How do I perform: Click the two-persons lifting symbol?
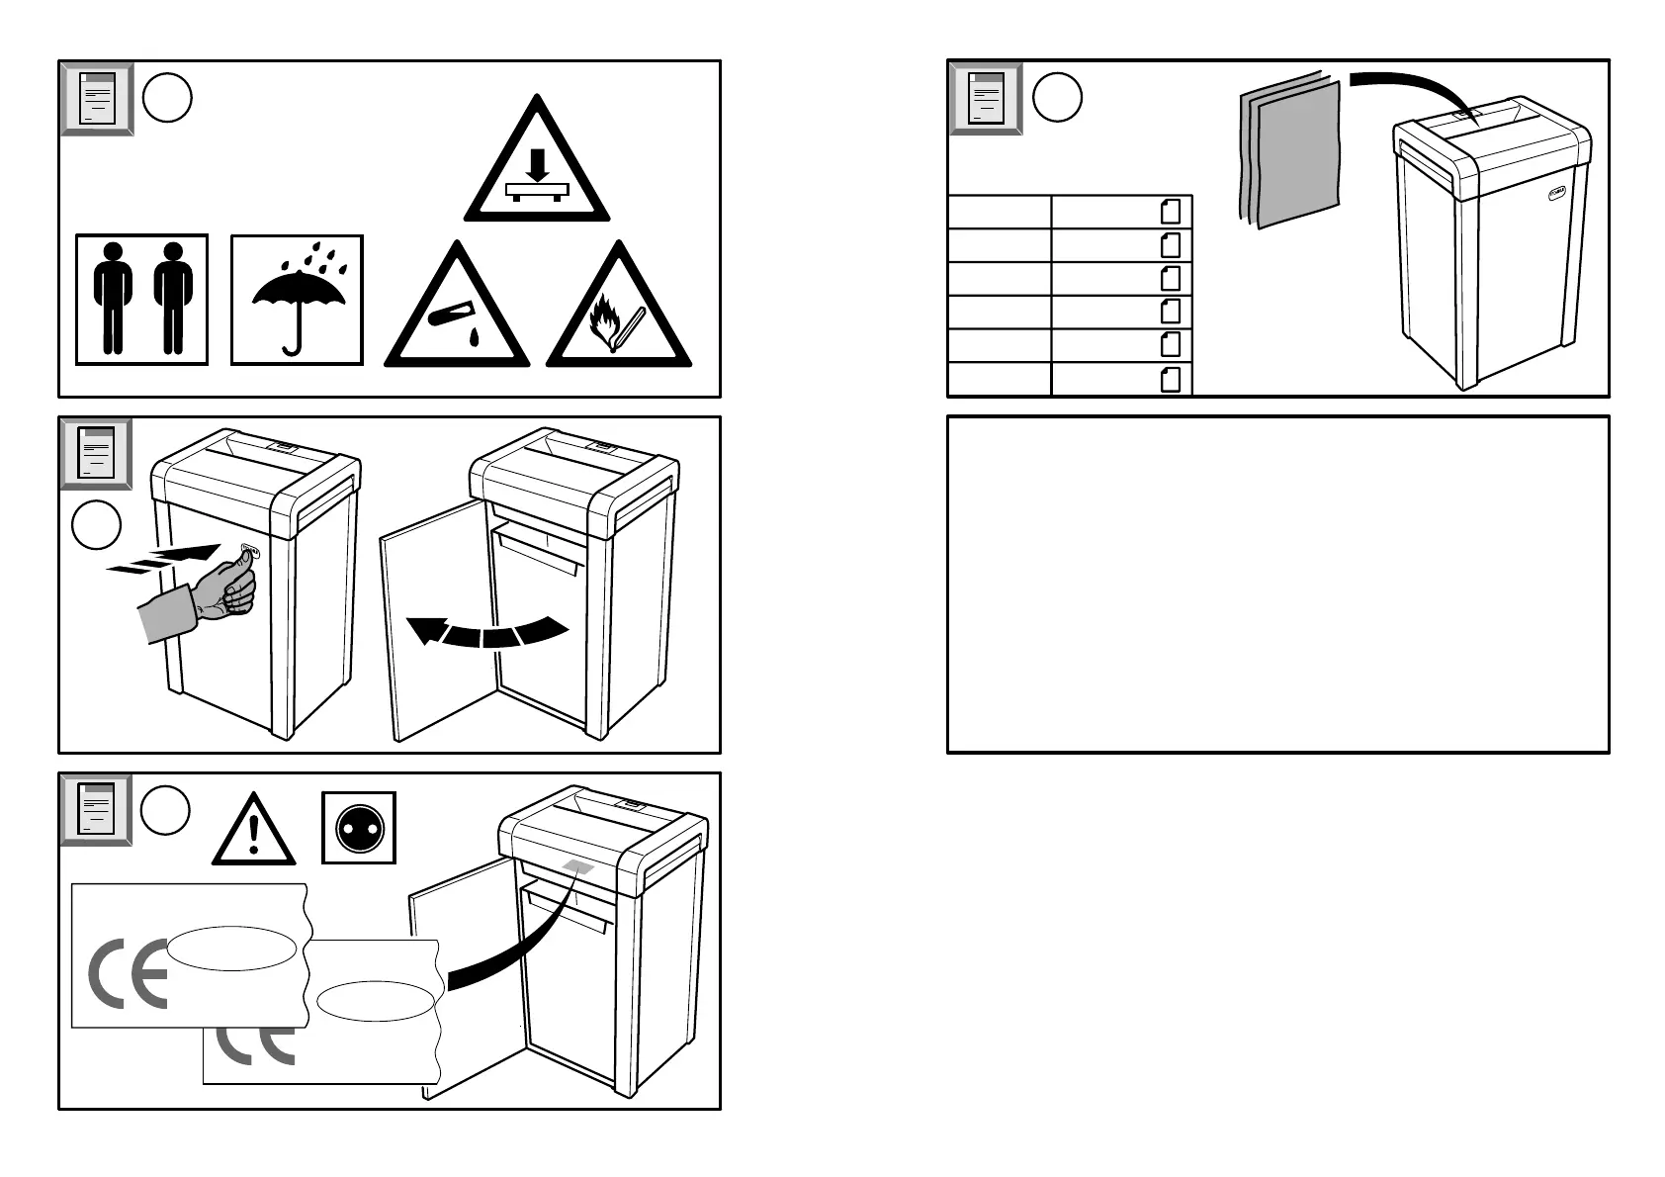(x=142, y=300)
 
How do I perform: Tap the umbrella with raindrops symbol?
(x=297, y=300)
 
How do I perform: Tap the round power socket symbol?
(x=359, y=828)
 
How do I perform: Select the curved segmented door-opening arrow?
(x=488, y=631)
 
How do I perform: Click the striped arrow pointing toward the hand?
(x=163, y=560)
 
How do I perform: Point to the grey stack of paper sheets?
(x=1290, y=153)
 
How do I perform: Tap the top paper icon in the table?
(x=1171, y=212)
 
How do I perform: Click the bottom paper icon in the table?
(x=1171, y=379)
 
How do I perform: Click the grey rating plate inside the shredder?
(x=577, y=867)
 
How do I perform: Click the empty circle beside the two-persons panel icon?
(x=167, y=98)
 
